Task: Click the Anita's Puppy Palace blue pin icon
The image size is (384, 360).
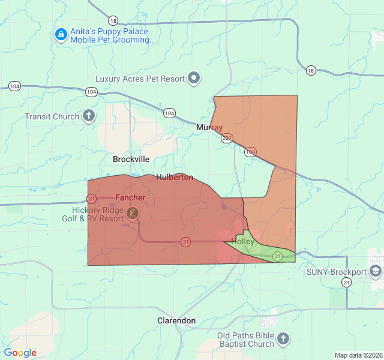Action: pos(61,35)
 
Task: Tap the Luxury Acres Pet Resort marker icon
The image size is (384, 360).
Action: pos(194,78)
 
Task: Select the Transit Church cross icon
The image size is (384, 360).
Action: pos(89,116)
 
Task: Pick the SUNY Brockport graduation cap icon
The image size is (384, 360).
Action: pos(376,271)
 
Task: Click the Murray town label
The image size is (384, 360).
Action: pos(209,128)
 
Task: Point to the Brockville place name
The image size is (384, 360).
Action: pos(131,160)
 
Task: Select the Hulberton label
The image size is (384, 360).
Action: pos(175,177)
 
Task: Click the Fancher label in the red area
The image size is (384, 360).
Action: pos(130,197)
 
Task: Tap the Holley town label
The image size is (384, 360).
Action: pos(243,241)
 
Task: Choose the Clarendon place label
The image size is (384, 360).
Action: pos(176,320)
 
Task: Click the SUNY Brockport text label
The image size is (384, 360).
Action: pos(336,271)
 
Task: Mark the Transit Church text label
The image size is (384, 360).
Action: pos(52,116)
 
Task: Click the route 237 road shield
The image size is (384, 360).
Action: pos(227,138)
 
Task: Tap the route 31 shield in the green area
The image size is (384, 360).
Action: pos(277,256)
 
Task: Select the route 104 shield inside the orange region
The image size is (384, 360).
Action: pos(251,152)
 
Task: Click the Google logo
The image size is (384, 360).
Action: pos(20,353)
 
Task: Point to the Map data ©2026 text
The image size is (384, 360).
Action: pos(358,355)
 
